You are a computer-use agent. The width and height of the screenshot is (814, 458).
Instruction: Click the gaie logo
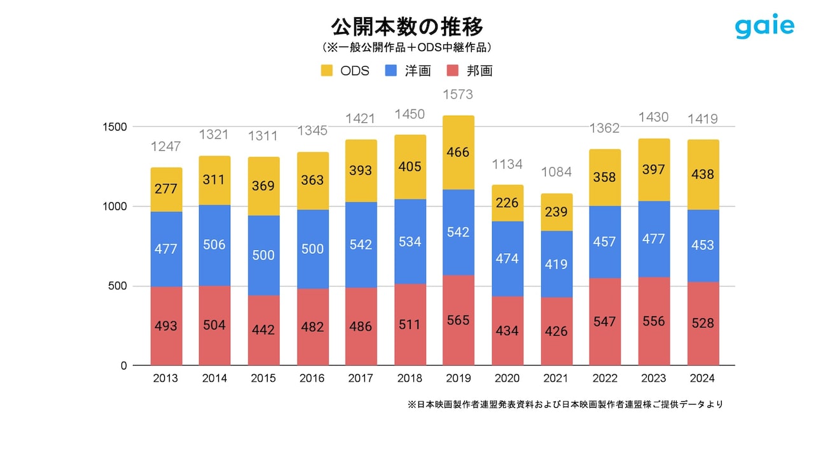pyautogui.click(x=764, y=27)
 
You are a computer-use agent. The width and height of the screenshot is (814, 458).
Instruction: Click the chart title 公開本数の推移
pyautogui.click(x=407, y=27)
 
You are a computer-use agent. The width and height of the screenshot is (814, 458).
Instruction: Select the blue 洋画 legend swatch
pyautogui.click(x=391, y=71)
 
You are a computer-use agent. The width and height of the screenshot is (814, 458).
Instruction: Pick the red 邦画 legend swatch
pyautogui.click(x=453, y=71)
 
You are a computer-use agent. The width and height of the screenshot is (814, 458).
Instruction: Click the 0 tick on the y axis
pyautogui.click(x=123, y=366)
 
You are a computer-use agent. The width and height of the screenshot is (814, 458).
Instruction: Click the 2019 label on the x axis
pyautogui.click(x=459, y=378)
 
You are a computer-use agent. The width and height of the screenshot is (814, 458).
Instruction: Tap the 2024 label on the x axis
pyautogui.click(x=703, y=378)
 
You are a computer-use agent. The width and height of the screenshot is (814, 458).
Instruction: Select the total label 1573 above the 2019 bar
pyautogui.click(x=459, y=94)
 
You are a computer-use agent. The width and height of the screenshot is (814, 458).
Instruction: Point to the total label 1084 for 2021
pyautogui.click(x=556, y=172)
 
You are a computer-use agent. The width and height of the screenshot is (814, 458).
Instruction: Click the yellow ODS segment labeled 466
pyautogui.click(x=459, y=153)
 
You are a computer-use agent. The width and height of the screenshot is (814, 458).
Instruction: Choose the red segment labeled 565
pyautogui.click(x=459, y=321)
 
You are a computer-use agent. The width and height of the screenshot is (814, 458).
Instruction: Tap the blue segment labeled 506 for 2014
pyautogui.click(x=214, y=245)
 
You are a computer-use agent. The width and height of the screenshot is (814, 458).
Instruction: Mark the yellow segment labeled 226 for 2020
pyautogui.click(x=507, y=203)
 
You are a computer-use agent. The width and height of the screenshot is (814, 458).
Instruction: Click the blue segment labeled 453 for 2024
pyautogui.click(x=703, y=246)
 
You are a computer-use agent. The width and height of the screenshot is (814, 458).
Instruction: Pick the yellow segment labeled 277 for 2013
pyautogui.click(x=166, y=190)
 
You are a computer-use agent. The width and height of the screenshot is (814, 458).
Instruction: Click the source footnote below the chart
pyautogui.click(x=565, y=405)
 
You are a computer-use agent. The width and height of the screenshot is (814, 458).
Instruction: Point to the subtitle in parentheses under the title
pyautogui.click(x=407, y=48)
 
